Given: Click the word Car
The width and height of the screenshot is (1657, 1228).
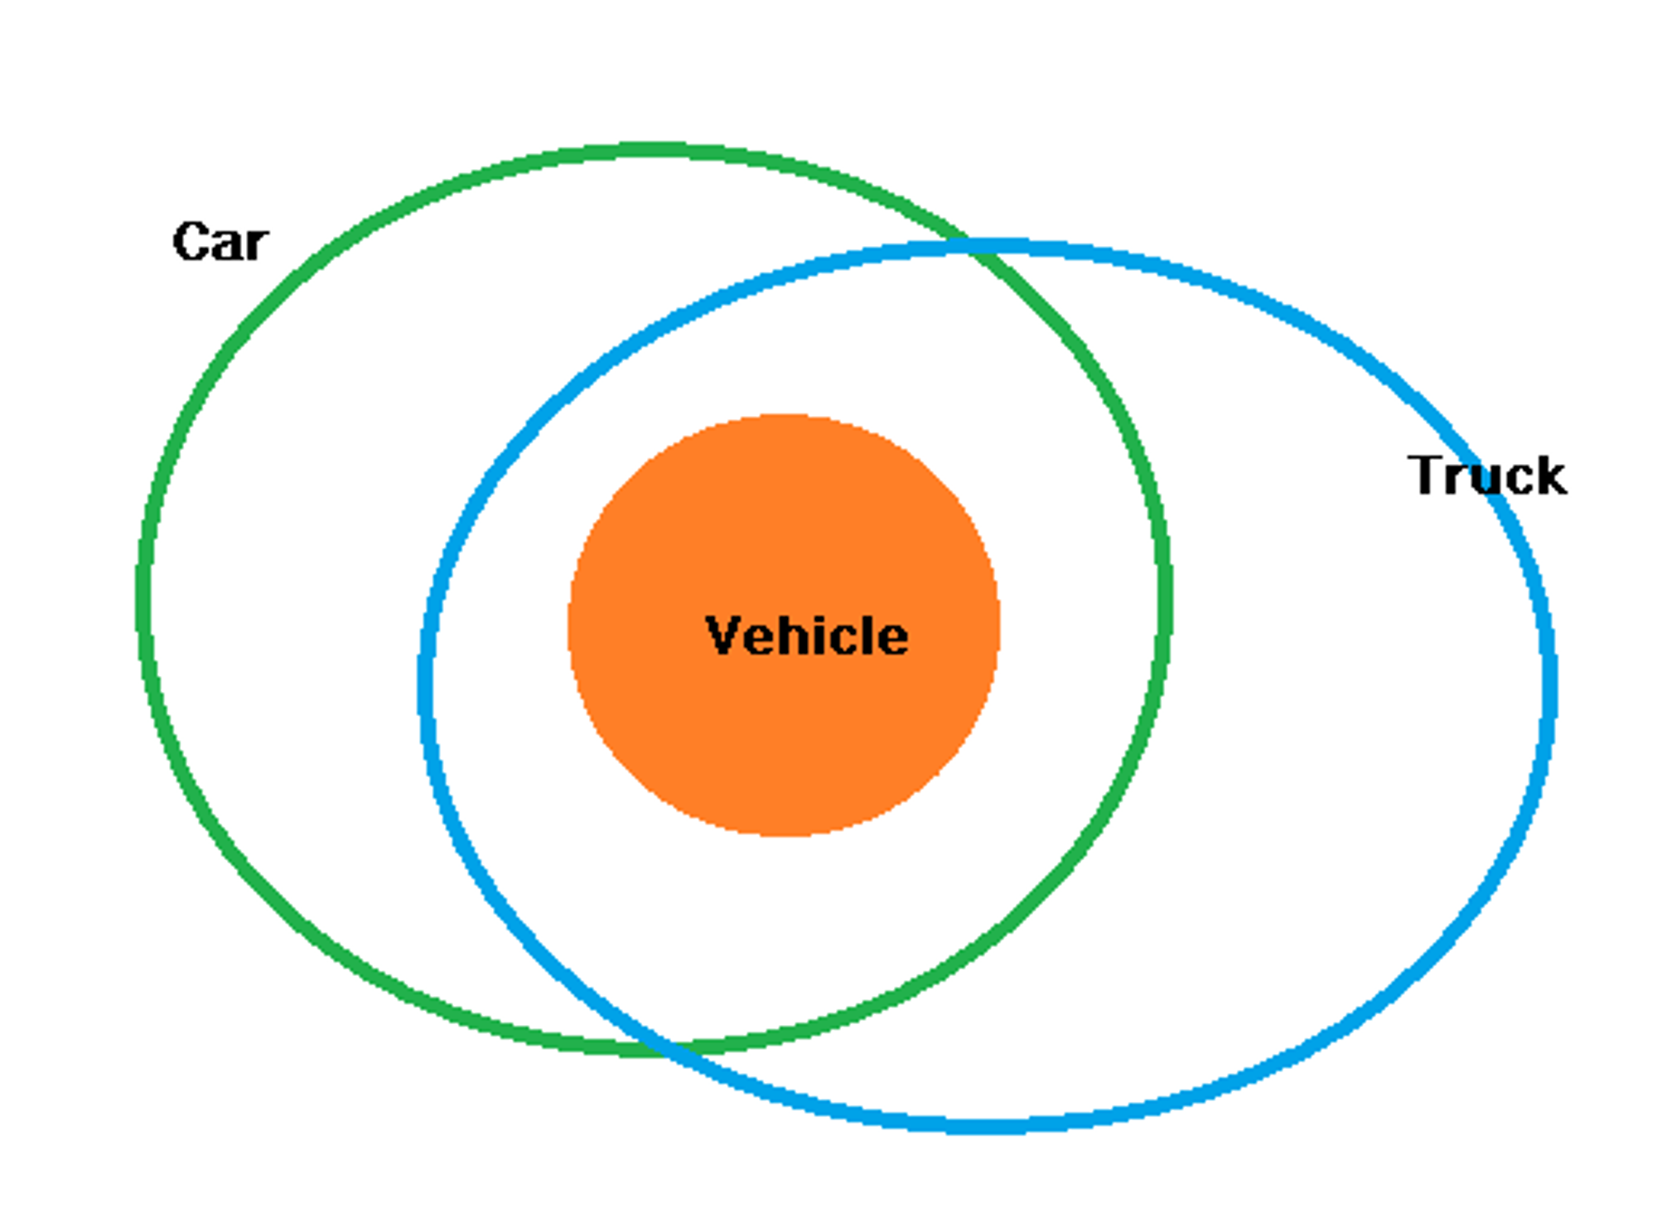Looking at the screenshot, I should coord(220,242).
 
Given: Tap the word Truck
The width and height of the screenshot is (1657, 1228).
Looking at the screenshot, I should coord(1486,476).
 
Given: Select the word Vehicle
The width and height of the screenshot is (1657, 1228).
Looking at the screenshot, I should coord(806,636).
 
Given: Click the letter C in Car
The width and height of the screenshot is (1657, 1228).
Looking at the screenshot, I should coord(190,242).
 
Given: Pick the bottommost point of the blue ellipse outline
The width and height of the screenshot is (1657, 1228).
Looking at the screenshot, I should coord(986,1126).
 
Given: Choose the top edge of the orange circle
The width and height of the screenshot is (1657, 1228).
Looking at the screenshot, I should coord(782,418).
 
